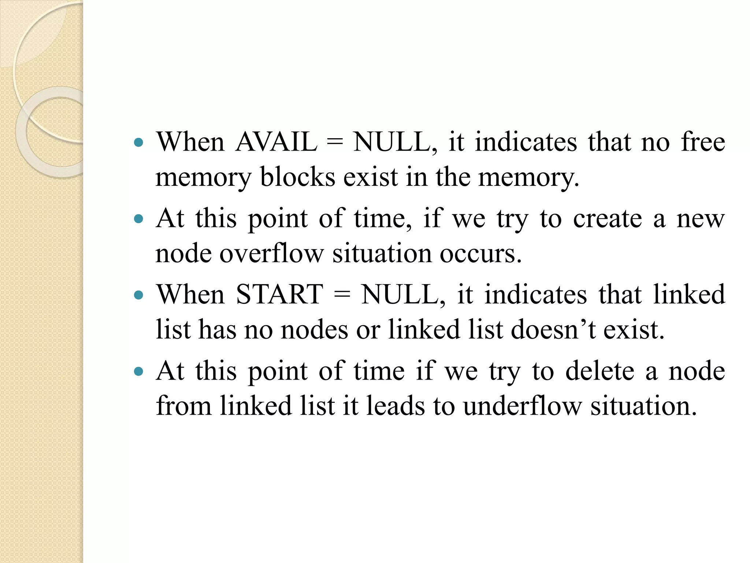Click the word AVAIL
(276, 142)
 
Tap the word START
(279, 295)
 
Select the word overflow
(271, 254)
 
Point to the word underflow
(522, 406)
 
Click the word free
(703, 142)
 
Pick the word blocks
(297, 177)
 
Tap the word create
(608, 219)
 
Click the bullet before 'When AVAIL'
(138, 143)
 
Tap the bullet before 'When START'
(138, 295)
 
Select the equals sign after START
(342, 295)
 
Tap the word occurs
(480, 254)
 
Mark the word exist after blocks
(370, 177)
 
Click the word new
(700, 219)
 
